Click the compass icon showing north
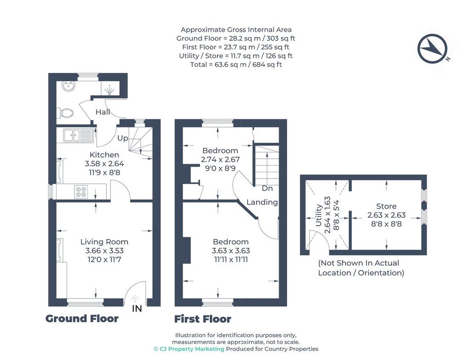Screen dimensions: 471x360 tap(432, 48)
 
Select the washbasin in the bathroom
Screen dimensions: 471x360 tap(69, 86)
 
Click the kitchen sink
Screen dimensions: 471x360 tap(78, 135)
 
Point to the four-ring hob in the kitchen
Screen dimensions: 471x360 tap(81, 192)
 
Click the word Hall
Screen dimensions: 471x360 tap(103, 112)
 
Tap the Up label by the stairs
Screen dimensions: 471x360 tap(122, 138)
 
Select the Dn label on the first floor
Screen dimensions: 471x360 tap(267, 188)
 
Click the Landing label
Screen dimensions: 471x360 tap(262, 202)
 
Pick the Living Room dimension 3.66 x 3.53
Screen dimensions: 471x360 tap(104, 250)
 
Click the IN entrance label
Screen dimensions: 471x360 tap(137, 308)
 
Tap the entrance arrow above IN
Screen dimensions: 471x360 tap(136, 299)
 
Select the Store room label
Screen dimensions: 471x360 tap(386, 206)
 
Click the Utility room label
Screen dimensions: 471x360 tap(319, 215)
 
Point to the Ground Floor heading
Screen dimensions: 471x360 tap(82, 319)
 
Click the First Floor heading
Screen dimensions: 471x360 tap(203, 319)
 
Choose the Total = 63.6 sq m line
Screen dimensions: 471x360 tap(236, 64)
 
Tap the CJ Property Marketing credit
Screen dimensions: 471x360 tap(189, 349)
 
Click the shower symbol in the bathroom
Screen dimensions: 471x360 tap(110, 89)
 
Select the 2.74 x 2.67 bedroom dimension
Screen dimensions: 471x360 tap(220, 159)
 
